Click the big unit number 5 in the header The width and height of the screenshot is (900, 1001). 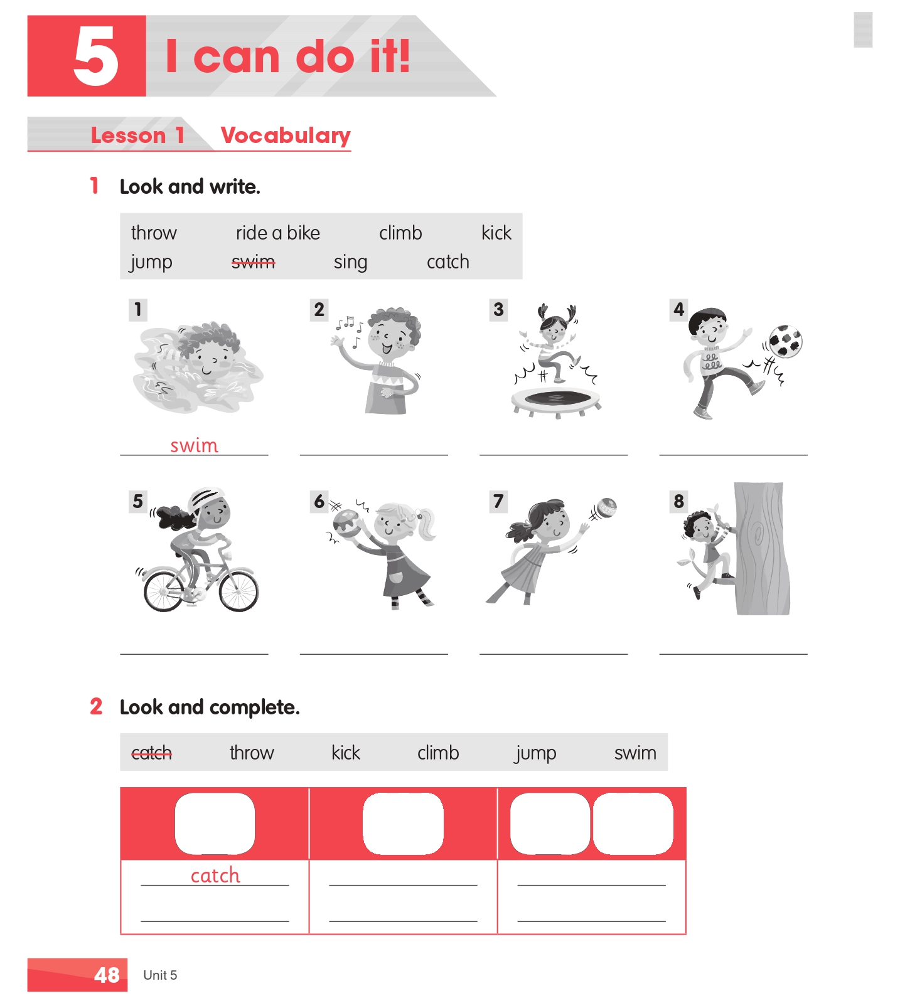(95, 57)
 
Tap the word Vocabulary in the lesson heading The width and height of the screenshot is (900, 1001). (286, 135)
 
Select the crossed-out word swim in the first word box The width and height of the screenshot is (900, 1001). (253, 262)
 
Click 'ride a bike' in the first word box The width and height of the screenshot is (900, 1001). (278, 233)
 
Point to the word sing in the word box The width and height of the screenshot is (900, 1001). (350, 262)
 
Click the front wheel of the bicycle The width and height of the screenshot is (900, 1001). (238, 590)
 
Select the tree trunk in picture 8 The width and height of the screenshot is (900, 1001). (761, 548)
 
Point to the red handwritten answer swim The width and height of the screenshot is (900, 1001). (195, 445)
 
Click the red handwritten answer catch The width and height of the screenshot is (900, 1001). (215, 875)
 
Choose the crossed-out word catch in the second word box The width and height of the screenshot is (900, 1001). (151, 753)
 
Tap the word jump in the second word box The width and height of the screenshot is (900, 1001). (535, 753)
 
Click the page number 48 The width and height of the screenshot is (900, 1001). (107, 975)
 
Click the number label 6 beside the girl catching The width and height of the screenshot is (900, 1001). (319, 502)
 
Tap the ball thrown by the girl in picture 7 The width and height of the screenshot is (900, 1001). (606, 507)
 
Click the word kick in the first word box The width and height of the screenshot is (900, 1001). (496, 233)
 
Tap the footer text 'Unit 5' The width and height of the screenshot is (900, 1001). (160, 975)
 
